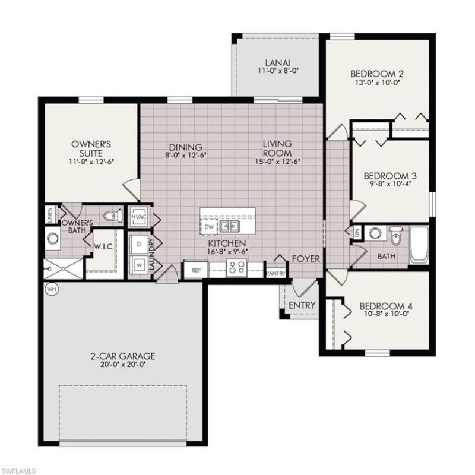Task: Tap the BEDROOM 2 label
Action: pos(377,74)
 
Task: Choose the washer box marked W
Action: pos(138,264)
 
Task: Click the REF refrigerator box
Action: pos(195,270)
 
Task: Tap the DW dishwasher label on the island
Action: pos(208,227)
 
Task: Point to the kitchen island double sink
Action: pos(229,226)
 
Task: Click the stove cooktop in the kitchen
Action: pos(236,269)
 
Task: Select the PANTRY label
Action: pos(275,273)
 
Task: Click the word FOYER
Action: pos(306,259)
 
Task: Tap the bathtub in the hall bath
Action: pos(418,245)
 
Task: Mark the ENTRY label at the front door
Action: pos(302,305)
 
